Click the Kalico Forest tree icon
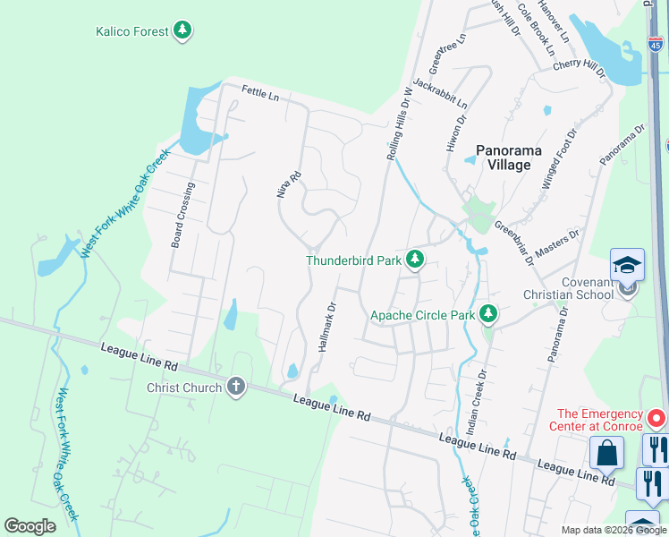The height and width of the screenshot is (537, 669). pyautogui.click(x=182, y=32)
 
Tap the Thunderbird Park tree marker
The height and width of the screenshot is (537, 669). pyautogui.click(x=414, y=260)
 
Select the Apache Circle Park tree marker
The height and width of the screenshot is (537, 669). pyautogui.click(x=487, y=314)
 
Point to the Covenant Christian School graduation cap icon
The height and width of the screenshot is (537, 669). pyautogui.click(x=627, y=265)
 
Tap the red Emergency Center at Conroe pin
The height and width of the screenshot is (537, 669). pyautogui.click(x=656, y=418)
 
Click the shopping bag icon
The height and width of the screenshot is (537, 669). pyautogui.click(x=606, y=453)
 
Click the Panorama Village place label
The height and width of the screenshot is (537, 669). pyautogui.click(x=503, y=158)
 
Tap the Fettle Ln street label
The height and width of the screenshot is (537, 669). pyautogui.click(x=261, y=91)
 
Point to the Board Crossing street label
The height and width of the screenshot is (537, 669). pyautogui.click(x=182, y=216)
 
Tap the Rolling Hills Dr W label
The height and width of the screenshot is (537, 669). pyautogui.click(x=399, y=124)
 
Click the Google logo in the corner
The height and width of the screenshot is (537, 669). pyautogui.click(x=30, y=526)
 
